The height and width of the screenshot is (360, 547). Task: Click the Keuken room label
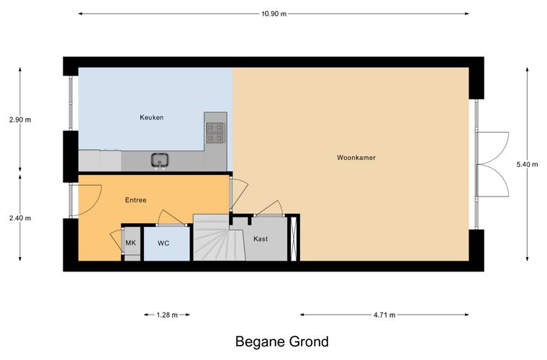click(151, 117)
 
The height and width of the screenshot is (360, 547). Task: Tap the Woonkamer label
click(356, 158)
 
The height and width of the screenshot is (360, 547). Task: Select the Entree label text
click(136, 200)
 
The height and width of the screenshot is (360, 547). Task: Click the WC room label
click(163, 243)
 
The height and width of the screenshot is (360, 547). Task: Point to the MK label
click(130, 243)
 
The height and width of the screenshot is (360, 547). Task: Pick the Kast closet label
click(261, 238)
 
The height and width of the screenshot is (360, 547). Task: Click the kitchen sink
click(160, 160)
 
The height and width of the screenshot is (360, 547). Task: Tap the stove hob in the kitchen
click(215, 133)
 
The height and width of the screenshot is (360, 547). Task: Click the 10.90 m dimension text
click(273, 14)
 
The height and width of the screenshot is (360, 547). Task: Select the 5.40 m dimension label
click(527, 164)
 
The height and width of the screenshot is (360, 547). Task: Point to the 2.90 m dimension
click(20, 120)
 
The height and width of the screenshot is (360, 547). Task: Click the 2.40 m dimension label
click(20, 218)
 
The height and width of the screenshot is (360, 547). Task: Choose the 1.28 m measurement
click(167, 315)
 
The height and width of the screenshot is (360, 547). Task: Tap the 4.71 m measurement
click(384, 315)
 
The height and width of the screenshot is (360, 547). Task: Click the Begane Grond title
click(282, 341)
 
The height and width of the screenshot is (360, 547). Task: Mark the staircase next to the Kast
click(219, 238)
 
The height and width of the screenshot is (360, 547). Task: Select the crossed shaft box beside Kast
click(294, 238)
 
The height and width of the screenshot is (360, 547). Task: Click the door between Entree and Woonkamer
click(239, 194)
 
